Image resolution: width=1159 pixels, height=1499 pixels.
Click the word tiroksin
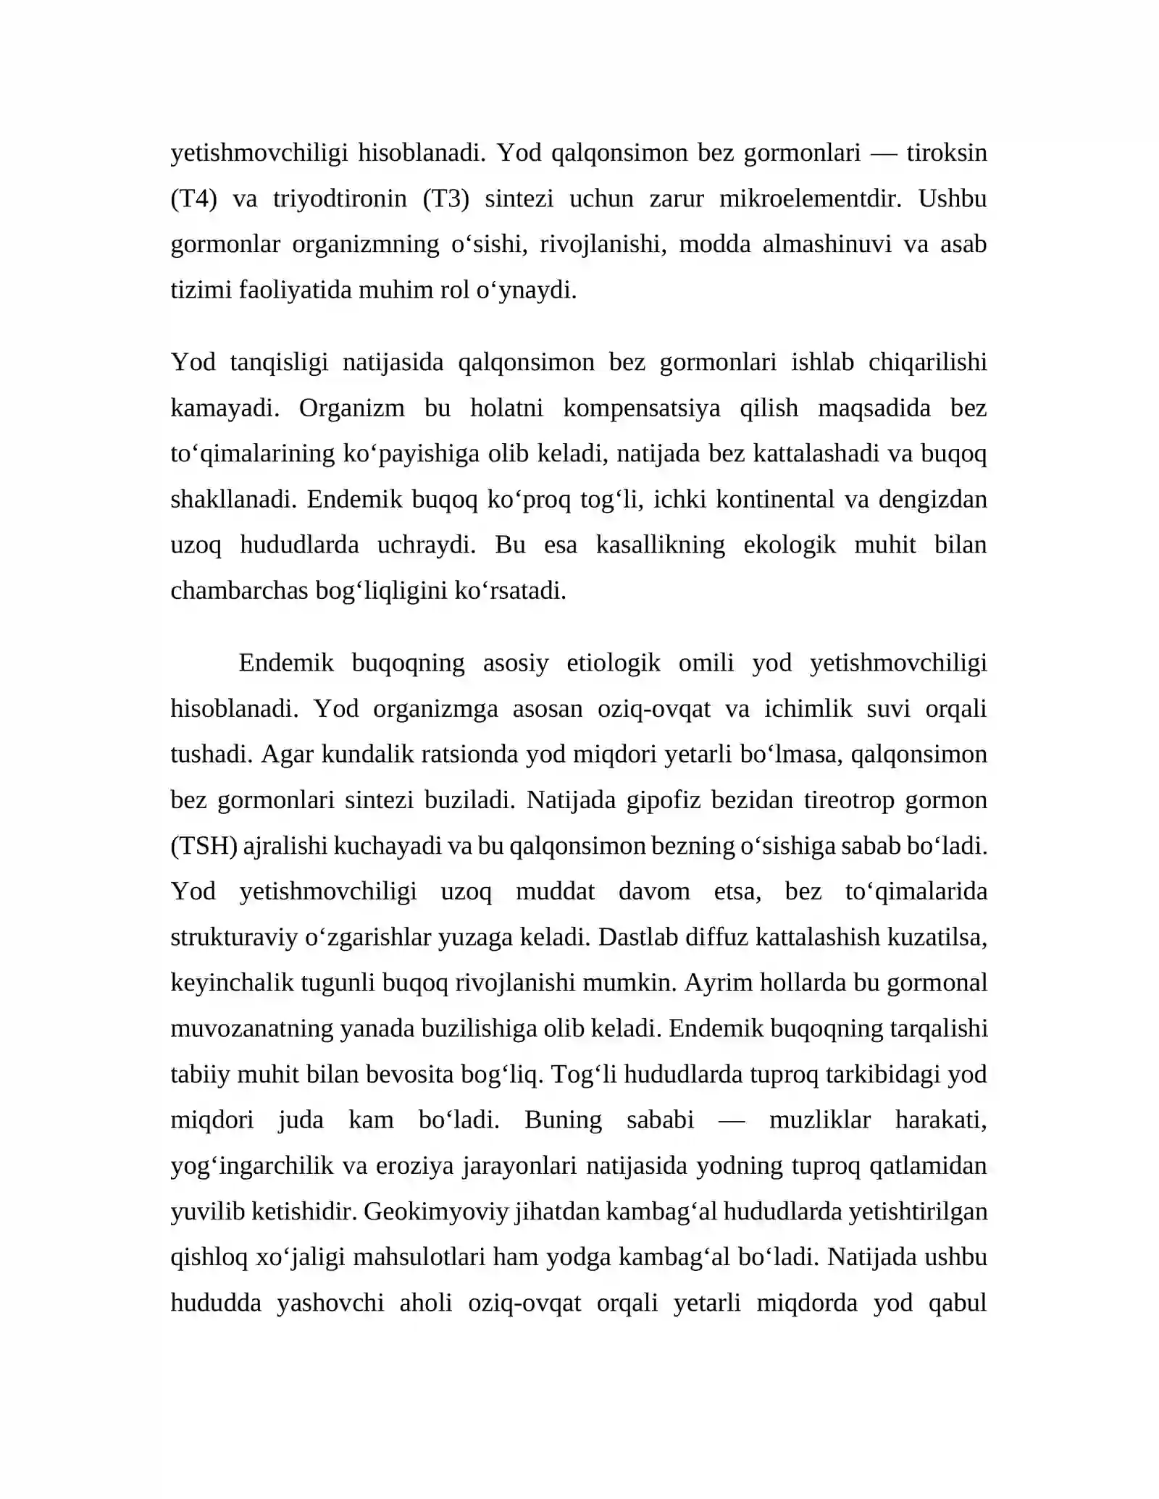tap(946, 153)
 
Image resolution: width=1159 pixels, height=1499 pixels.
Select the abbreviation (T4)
tap(193, 198)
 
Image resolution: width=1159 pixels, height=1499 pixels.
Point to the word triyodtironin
tap(340, 198)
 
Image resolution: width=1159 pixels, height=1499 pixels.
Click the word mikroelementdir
tap(810, 198)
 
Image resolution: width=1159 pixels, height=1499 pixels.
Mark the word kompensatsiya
tap(641, 408)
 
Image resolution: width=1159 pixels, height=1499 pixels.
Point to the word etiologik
tap(613, 663)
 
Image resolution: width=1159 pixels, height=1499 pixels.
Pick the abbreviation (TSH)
tap(204, 845)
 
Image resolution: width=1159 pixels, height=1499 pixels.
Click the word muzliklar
tap(819, 1120)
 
